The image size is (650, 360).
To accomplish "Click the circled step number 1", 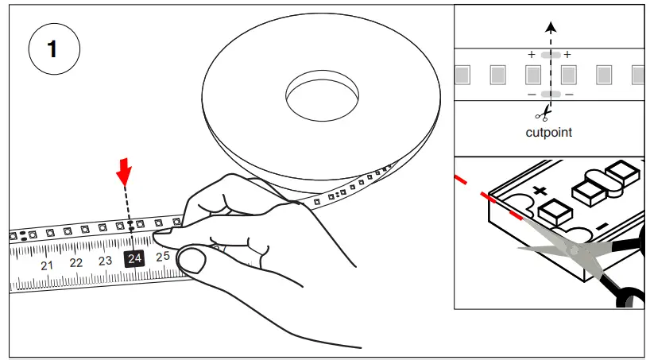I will pyautogui.click(x=54, y=49).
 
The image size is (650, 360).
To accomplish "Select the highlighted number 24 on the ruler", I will pyautogui.click(x=134, y=258).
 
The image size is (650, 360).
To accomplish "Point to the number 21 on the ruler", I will pyautogui.click(x=47, y=265).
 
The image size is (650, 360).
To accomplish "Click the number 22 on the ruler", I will pyautogui.click(x=76, y=263).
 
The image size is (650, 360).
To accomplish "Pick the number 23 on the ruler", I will pyautogui.click(x=105, y=261).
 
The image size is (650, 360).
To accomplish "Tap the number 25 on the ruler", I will pyautogui.click(x=163, y=256).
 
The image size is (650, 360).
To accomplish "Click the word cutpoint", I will pyautogui.click(x=548, y=133).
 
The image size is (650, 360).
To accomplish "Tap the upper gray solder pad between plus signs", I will pyautogui.click(x=549, y=55).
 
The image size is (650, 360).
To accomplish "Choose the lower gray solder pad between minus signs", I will pyautogui.click(x=549, y=95).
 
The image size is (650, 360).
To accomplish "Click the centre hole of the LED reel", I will pyautogui.click(x=322, y=93).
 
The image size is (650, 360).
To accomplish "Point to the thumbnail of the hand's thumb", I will pyautogui.click(x=192, y=258).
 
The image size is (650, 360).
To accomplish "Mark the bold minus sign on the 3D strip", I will pyautogui.click(x=602, y=228).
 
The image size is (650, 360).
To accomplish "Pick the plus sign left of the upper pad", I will pyautogui.click(x=532, y=55).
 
